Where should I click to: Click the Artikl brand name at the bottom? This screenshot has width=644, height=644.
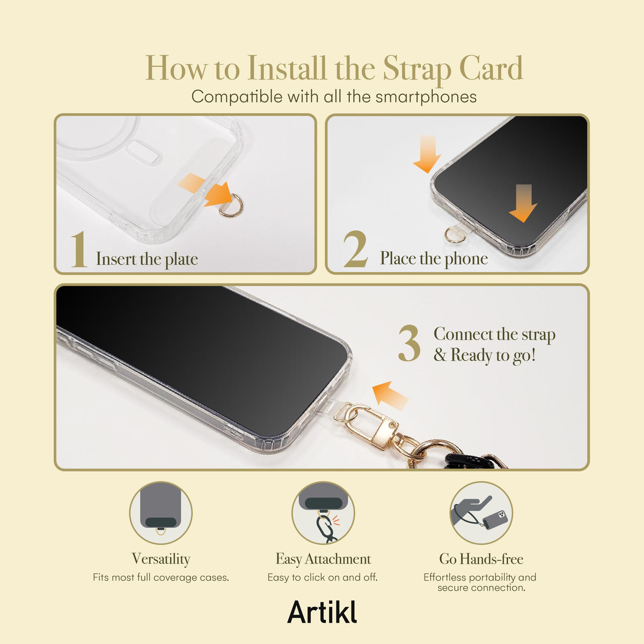[322, 612]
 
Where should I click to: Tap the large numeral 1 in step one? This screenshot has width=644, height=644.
[79, 250]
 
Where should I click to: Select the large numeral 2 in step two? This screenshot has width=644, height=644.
[356, 249]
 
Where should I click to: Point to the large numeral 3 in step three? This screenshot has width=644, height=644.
[409, 343]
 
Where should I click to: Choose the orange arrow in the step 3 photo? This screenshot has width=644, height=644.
[390, 396]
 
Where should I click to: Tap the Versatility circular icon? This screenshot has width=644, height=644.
[161, 513]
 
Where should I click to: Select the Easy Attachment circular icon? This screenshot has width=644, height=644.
[323, 513]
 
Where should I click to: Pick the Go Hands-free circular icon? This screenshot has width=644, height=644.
[481, 513]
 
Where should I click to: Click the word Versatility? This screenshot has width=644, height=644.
[161, 559]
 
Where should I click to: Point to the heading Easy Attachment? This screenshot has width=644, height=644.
[323, 559]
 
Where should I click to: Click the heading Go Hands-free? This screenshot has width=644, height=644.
[481, 559]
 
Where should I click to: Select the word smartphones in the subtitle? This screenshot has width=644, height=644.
[426, 97]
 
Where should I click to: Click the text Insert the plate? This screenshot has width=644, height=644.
[147, 259]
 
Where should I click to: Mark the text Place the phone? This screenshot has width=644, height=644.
[434, 259]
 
